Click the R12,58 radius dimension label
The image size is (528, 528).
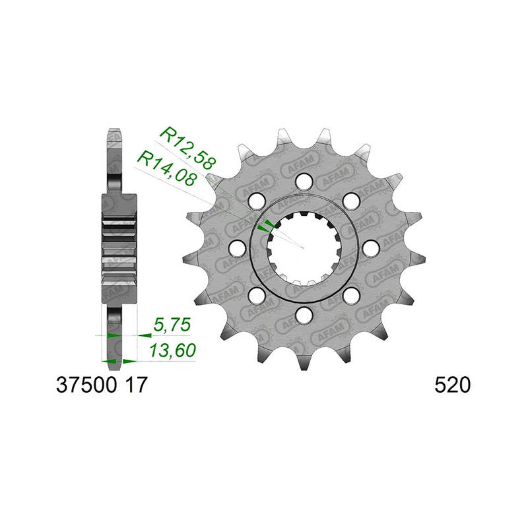coord(187,148)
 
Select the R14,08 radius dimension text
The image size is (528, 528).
coord(167,168)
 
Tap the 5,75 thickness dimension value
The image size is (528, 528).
coord(172,325)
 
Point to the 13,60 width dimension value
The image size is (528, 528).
coord(173,350)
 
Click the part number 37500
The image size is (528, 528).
coord(86,385)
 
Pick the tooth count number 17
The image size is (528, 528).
coord(136,385)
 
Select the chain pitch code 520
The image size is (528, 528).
coord(452,385)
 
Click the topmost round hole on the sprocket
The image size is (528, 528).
coord(304,181)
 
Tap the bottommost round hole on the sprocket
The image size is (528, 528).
coord(304,315)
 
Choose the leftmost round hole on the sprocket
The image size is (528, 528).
coord(237,248)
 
